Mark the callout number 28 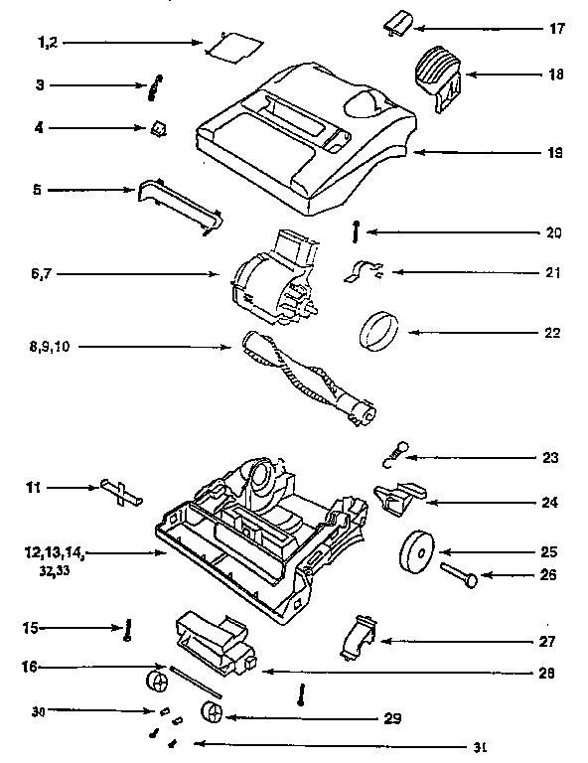[x=543, y=673]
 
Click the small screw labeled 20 [x=355, y=231]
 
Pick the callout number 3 [x=41, y=85]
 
